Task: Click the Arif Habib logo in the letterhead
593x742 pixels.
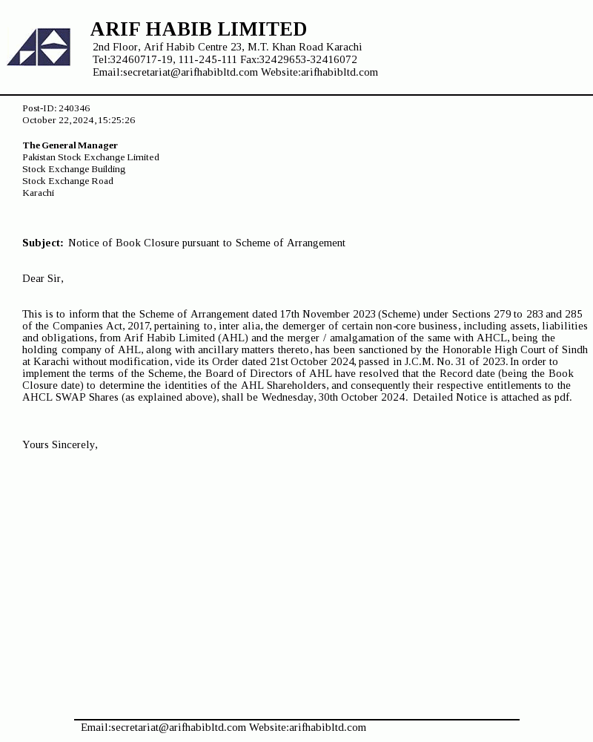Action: (39, 47)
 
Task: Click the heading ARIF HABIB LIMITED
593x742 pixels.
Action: (198, 29)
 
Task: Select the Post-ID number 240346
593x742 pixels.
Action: (74, 108)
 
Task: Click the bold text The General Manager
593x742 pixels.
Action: (70, 145)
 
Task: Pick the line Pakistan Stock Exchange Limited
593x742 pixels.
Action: (90, 157)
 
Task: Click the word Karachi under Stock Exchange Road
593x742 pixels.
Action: (38, 193)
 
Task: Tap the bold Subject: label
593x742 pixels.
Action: (42, 243)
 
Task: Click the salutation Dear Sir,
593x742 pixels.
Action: (43, 278)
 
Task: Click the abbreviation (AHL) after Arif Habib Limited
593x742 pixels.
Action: (233, 338)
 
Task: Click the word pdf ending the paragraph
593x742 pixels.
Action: (562, 397)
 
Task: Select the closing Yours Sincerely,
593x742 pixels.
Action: (60, 444)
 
